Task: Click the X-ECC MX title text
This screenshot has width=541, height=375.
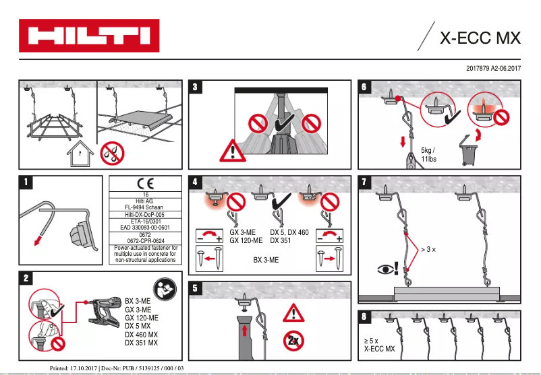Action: tap(480, 38)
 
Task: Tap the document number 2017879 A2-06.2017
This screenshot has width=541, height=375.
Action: tap(494, 69)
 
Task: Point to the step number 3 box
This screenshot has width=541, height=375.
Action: tap(196, 88)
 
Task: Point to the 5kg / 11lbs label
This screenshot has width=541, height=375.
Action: tap(428, 154)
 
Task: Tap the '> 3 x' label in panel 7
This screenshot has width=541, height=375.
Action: tap(428, 250)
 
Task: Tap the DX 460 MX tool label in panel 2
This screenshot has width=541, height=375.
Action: tap(142, 335)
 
